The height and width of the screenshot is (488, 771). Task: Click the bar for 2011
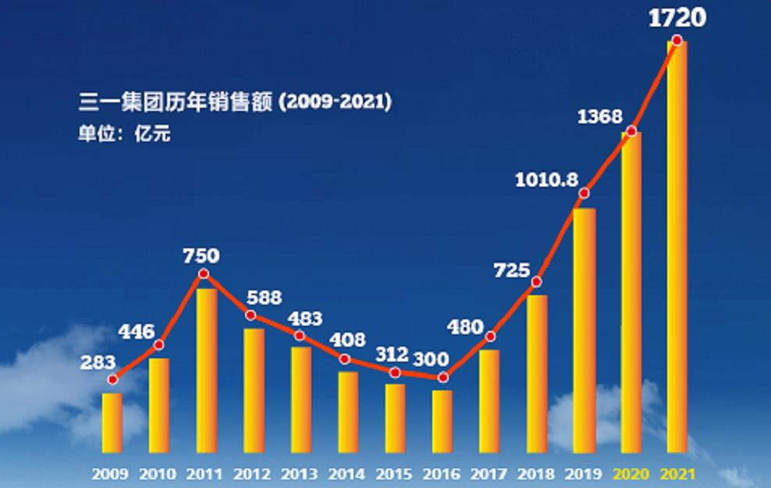207,371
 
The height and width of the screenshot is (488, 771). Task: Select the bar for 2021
677,247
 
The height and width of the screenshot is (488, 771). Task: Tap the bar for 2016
442,422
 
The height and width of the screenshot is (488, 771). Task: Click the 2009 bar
112,422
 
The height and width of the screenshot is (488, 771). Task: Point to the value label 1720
677,17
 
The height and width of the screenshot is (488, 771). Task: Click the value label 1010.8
546,180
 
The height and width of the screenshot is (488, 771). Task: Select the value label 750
201,256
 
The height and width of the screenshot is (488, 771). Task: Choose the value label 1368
600,117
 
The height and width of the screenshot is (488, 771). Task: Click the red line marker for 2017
490,337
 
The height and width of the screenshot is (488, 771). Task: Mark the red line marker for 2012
250,315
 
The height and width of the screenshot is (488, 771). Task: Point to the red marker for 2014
346,359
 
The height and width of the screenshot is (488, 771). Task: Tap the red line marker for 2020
632,130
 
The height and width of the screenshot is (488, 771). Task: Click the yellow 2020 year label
631,473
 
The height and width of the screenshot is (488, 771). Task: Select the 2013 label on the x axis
299,473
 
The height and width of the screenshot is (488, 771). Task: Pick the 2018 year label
536,473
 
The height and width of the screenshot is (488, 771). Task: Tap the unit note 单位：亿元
124,134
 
